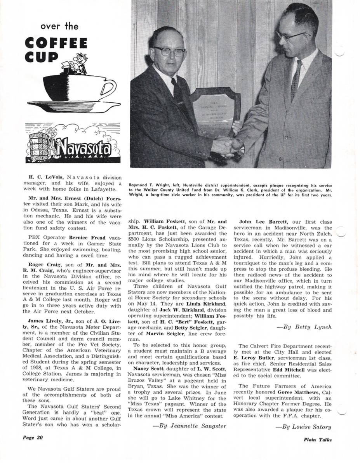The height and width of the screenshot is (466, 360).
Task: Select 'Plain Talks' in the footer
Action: pos(318,440)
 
